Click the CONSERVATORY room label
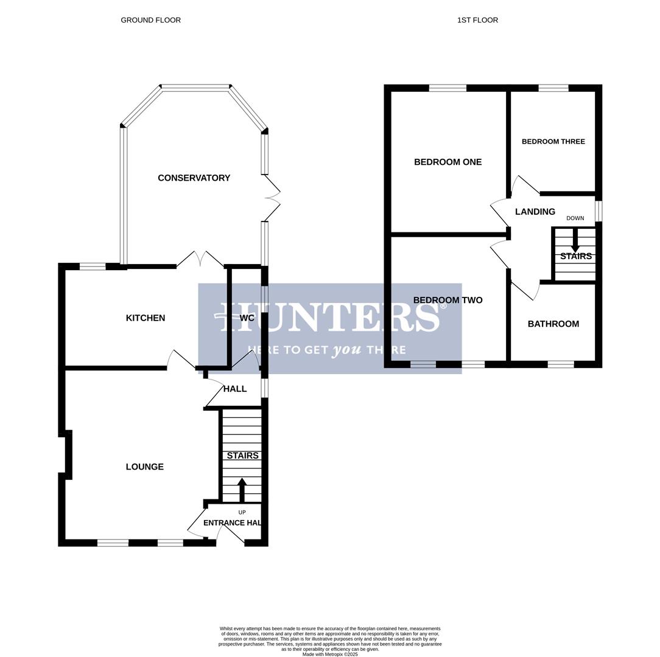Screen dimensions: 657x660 pos(194,178)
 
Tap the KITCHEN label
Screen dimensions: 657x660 pos(145,318)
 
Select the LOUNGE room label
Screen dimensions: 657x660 pos(144,467)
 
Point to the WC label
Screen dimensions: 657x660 pos(247,318)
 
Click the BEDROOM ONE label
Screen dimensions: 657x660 pos(448,162)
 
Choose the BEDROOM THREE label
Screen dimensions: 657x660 pos(553,142)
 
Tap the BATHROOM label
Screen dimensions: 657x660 pos(553,324)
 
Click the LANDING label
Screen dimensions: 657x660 pos(535,212)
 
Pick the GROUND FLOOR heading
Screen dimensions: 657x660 pos(150,20)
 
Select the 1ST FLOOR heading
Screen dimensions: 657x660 pos(477,20)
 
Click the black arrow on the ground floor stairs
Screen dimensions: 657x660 pos(242,490)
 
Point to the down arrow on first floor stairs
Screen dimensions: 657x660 pos(575,241)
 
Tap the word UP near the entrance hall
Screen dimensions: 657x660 pos(242,512)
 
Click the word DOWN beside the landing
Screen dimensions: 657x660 pos(575,218)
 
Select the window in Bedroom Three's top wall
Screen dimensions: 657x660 pos(553,88)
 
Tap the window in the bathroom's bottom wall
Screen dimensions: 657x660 pos(560,364)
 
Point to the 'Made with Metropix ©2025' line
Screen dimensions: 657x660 pos(330,655)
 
